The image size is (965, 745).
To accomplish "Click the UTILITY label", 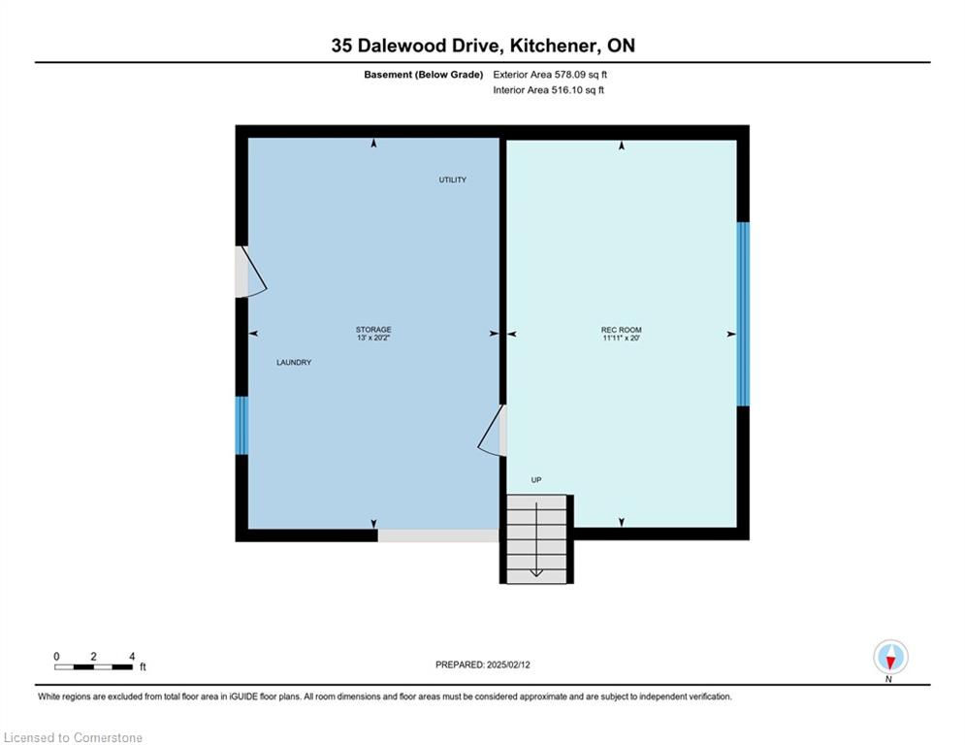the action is click(452, 179).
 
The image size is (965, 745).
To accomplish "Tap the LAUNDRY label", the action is click(294, 363).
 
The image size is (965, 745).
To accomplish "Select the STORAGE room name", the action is click(373, 330).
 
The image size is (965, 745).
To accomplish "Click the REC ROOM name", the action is click(622, 330).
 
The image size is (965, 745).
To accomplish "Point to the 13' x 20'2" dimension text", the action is click(373, 338).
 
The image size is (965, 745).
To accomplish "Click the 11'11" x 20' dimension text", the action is click(622, 338).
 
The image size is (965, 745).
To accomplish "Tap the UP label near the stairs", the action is click(536, 480).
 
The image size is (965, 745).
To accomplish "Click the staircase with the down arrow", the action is click(536, 539).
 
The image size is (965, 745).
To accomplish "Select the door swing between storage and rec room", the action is click(493, 431).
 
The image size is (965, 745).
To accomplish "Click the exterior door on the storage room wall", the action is click(251, 272).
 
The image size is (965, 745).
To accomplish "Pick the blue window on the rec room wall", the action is click(744, 314).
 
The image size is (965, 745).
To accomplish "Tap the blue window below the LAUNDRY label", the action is click(241, 426).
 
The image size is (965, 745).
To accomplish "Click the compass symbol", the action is click(890, 658).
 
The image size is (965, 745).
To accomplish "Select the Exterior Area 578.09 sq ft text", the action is click(550, 75).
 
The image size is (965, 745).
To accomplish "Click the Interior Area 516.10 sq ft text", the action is click(548, 90).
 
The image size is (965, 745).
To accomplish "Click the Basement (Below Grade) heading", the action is click(424, 75).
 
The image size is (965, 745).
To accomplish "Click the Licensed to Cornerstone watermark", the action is click(73, 737).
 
